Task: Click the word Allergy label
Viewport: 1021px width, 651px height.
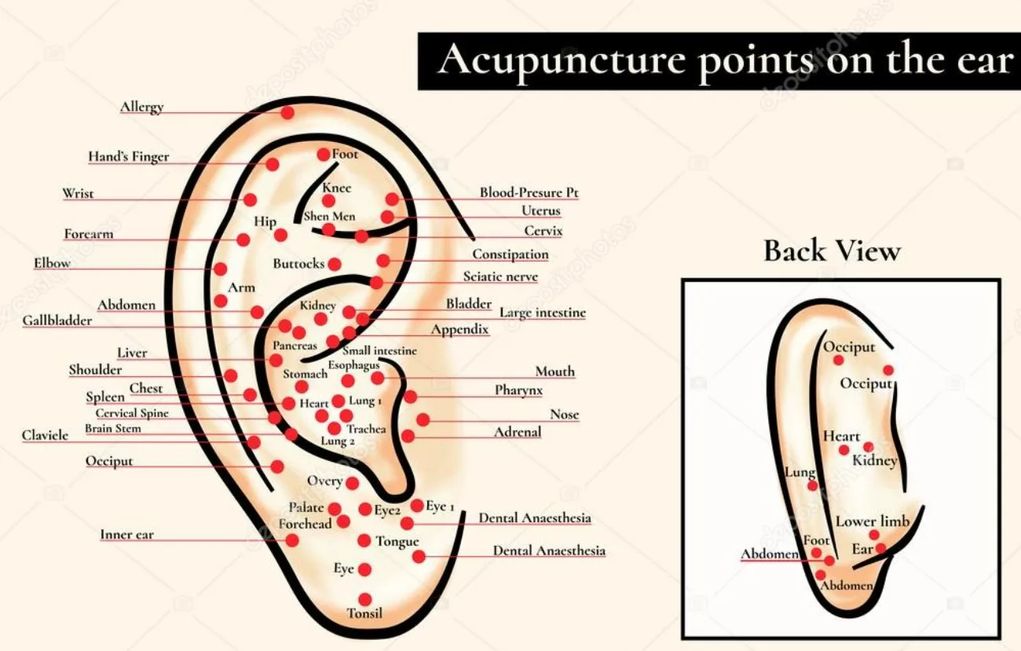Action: pyautogui.click(x=141, y=107)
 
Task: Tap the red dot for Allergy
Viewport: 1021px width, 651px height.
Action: pyautogui.click(x=287, y=112)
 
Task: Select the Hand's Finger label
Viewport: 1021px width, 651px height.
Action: pyautogui.click(x=128, y=157)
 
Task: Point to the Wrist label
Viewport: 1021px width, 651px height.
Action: pyautogui.click(x=78, y=193)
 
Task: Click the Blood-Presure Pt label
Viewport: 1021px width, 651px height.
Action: pyautogui.click(x=529, y=192)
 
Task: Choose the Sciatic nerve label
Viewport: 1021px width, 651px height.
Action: pyautogui.click(x=500, y=276)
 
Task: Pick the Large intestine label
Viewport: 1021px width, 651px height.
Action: pyautogui.click(x=543, y=313)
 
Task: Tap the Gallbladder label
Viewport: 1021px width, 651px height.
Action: pyautogui.click(x=57, y=320)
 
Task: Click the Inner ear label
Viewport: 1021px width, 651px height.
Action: pyautogui.click(x=126, y=535)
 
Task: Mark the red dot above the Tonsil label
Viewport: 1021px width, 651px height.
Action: pyautogui.click(x=364, y=599)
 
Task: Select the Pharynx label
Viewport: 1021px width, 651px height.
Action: pyautogui.click(x=518, y=390)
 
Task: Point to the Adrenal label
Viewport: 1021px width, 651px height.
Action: pyautogui.click(x=518, y=432)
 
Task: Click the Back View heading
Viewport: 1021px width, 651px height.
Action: pyautogui.click(x=832, y=251)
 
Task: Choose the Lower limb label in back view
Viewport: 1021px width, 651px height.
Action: pyautogui.click(x=872, y=521)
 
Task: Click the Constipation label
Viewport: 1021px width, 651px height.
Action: pyautogui.click(x=510, y=254)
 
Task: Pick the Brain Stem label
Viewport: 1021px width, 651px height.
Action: pyautogui.click(x=113, y=429)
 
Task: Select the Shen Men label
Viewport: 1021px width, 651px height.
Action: pyautogui.click(x=329, y=216)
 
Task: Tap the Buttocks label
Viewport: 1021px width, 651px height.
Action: pyautogui.click(x=298, y=264)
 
